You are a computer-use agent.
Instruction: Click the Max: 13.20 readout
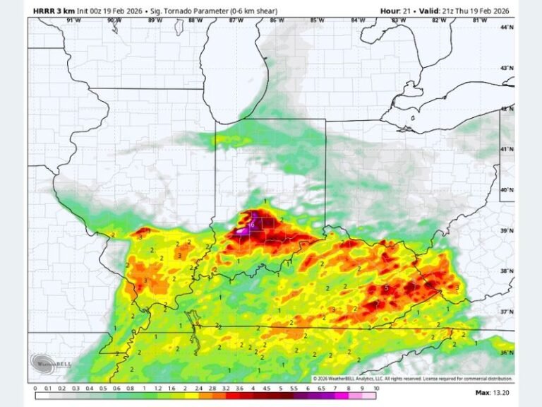[x=491, y=392]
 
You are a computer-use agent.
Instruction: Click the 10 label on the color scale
[x=376, y=389]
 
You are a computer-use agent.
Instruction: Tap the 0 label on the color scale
[x=35, y=389]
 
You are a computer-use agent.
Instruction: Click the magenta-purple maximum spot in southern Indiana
[x=243, y=229]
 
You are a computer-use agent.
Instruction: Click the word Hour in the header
[x=391, y=11]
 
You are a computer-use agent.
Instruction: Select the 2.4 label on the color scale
[x=200, y=389]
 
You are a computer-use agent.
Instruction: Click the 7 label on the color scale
[x=336, y=389]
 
